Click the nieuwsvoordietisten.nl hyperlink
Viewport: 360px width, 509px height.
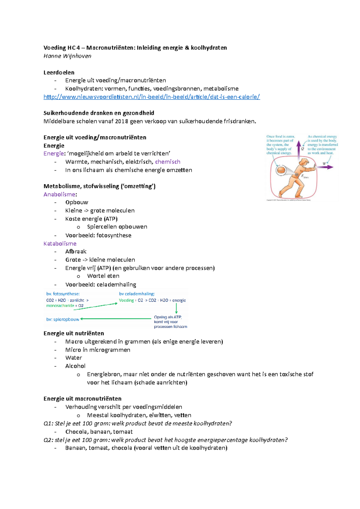pos(151,97)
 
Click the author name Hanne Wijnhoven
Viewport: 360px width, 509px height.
pos(67,56)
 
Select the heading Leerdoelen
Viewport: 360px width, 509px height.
pos(59,73)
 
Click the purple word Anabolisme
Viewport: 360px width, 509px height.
pos(59,194)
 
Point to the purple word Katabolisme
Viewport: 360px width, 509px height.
pos(60,243)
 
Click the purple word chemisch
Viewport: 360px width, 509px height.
pos(168,162)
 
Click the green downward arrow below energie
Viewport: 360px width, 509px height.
pos(176,308)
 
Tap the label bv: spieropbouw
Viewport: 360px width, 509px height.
pos(63,320)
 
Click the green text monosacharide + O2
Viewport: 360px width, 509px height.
pos(65,306)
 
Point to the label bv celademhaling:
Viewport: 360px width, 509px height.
pos(137,294)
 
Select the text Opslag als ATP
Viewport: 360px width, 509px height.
pos(168,317)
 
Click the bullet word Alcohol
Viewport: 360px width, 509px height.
pos(75,366)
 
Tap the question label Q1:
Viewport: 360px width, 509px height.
pos(48,424)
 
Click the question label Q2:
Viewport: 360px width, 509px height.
pos(48,440)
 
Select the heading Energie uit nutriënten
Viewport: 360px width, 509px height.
pos(74,333)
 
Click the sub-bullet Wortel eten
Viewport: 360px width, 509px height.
pos(103,276)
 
